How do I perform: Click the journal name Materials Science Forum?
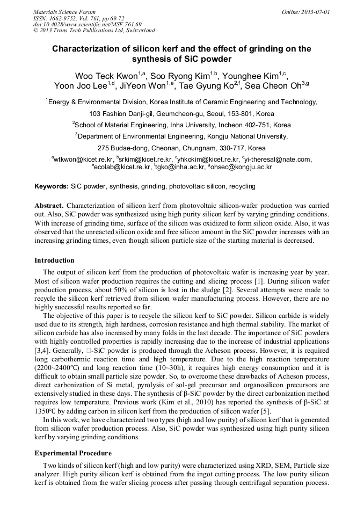point(64,12)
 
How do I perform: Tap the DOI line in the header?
point(89,24)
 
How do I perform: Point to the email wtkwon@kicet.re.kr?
point(83,159)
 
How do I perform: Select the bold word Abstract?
point(49,206)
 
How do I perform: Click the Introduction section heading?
point(54,260)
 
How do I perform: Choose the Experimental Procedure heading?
point(73,453)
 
